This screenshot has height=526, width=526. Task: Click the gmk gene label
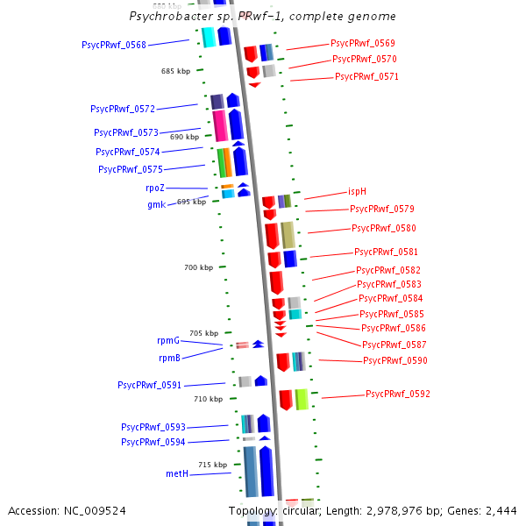(156, 204)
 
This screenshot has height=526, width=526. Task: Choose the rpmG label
(168, 340)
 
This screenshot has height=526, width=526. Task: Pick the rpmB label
(169, 358)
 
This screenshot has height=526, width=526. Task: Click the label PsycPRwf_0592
(398, 394)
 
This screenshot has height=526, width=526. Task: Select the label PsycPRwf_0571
(366, 76)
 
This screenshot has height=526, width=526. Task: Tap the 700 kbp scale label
(199, 267)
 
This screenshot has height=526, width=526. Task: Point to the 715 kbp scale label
(212, 465)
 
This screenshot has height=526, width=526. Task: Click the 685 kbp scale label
(176, 71)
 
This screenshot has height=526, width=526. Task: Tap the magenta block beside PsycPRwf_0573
(220, 124)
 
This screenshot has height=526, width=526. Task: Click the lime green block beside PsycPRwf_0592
(302, 399)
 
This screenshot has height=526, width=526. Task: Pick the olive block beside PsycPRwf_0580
(288, 234)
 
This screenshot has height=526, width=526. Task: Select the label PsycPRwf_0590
(395, 361)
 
